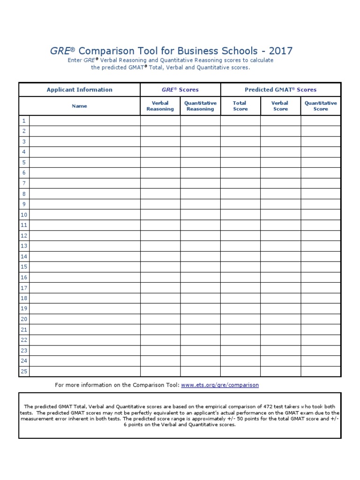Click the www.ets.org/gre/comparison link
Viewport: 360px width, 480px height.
point(219,385)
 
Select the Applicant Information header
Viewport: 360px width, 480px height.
point(79,90)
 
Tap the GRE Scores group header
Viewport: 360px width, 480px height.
point(180,90)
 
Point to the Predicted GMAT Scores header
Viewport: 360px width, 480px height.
point(280,90)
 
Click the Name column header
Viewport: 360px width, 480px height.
point(79,106)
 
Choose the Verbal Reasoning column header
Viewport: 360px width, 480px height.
point(160,106)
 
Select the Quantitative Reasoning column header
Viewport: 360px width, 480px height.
point(200,106)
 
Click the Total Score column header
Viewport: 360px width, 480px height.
point(240,106)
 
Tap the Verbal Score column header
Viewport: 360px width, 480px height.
point(280,106)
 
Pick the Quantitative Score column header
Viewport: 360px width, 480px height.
point(321,106)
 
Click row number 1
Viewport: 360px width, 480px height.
point(23,121)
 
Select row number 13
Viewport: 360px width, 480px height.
point(24,246)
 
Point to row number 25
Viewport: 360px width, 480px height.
point(24,371)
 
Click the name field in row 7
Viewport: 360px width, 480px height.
point(84,183)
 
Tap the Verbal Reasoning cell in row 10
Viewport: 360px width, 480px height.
point(160,215)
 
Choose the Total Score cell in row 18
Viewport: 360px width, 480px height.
point(240,298)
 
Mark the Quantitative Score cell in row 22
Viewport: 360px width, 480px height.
point(321,340)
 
